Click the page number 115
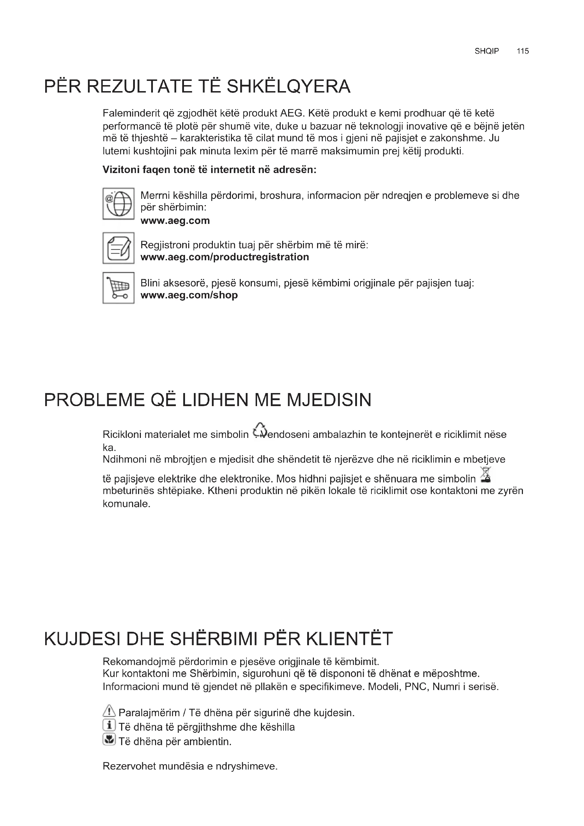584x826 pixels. point(523,51)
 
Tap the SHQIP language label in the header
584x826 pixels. point(487,51)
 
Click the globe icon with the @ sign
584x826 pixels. point(118,204)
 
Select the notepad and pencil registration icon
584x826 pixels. point(118,248)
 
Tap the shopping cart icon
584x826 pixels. point(118,288)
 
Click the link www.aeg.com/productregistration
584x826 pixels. point(225,257)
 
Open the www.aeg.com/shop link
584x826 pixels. point(189,295)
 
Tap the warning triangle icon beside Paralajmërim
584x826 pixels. point(109,711)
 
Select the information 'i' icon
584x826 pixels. point(109,725)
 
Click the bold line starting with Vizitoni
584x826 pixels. point(209,170)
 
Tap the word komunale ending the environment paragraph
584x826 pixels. point(126,504)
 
